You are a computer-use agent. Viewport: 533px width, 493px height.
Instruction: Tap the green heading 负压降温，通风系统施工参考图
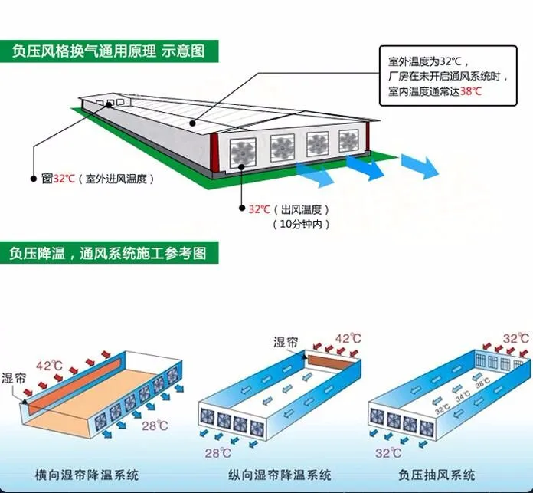(x=109, y=252)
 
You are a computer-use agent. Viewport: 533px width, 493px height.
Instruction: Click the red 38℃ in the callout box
(x=472, y=91)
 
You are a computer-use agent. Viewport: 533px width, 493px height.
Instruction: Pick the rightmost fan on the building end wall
(x=349, y=140)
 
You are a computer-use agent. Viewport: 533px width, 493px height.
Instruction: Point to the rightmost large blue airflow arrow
(x=420, y=165)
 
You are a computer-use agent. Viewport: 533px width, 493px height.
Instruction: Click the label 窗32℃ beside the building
(x=58, y=179)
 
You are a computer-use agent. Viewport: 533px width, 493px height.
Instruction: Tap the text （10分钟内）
(x=300, y=224)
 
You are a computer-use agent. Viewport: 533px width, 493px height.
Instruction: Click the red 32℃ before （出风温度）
(x=259, y=209)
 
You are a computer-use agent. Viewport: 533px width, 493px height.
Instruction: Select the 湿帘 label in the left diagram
(x=14, y=378)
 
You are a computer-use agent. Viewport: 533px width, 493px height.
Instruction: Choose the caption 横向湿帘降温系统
(x=83, y=475)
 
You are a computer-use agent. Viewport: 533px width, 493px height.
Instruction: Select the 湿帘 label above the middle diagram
(x=286, y=343)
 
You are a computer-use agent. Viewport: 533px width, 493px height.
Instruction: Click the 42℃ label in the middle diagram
(x=348, y=338)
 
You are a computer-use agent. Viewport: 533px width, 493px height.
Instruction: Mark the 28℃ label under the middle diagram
(x=217, y=453)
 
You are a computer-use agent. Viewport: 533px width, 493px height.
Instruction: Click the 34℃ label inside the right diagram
(x=462, y=397)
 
